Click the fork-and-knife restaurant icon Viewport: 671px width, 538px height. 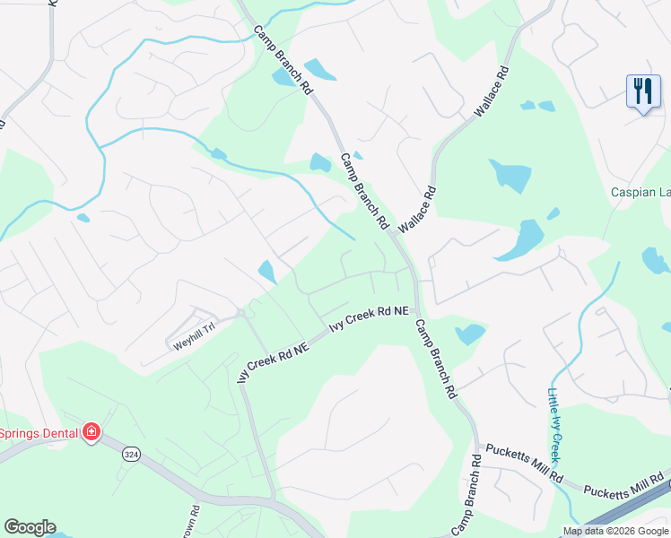(x=642, y=91)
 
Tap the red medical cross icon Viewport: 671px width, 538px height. (x=91, y=433)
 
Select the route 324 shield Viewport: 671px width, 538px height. (x=132, y=455)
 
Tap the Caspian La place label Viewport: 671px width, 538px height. (x=640, y=192)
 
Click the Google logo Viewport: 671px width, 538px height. (x=30, y=527)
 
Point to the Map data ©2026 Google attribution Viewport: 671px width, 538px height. (x=615, y=531)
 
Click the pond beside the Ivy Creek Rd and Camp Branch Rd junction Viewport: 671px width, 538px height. (x=469, y=334)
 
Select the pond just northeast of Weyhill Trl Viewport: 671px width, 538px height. (x=267, y=270)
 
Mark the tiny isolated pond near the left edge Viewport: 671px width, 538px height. (x=83, y=217)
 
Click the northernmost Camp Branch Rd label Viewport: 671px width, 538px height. (x=283, y=61)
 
